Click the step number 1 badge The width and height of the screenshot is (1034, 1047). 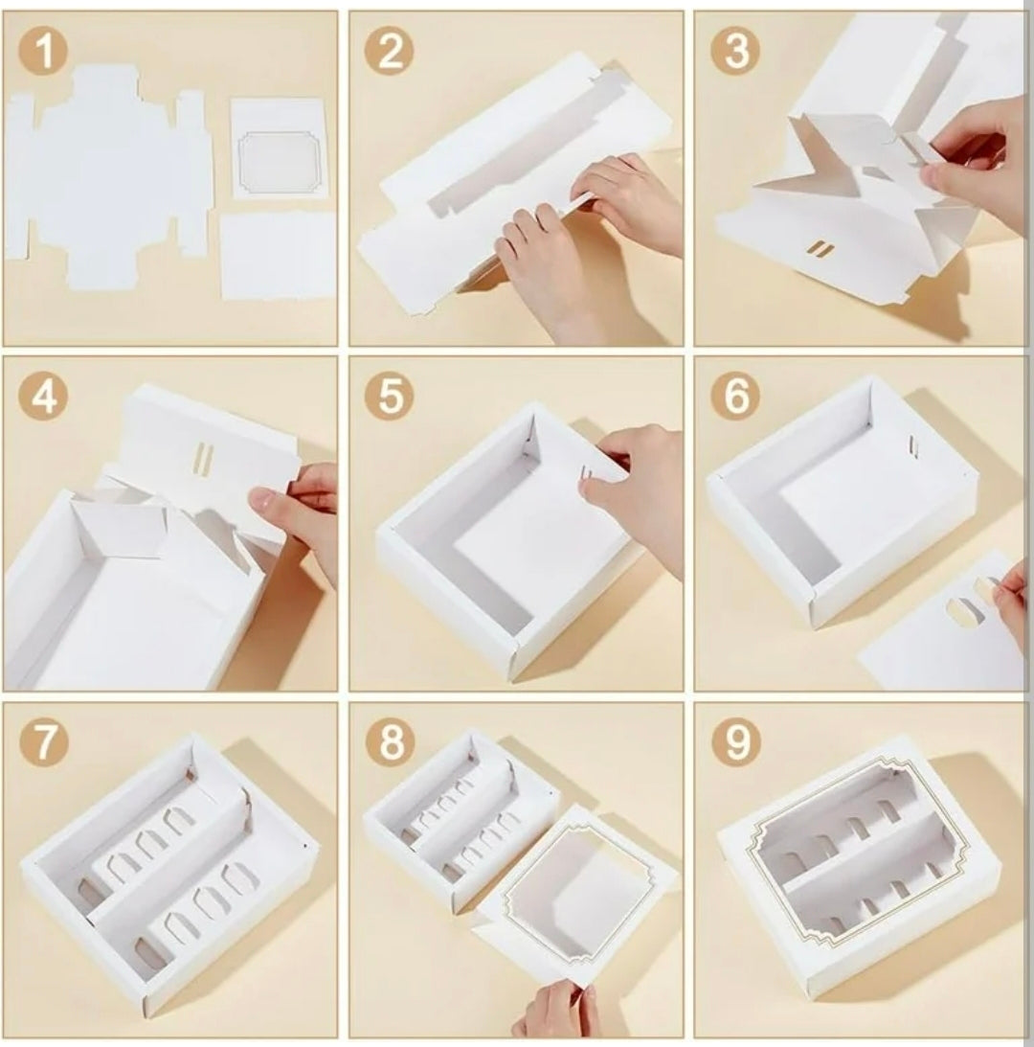pyautogui.click(x=44, y=52)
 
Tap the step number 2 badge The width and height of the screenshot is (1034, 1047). pyautogui.click(x=390, y=52)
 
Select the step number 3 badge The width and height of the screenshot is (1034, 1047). pyautogui.click(x=735, y=52)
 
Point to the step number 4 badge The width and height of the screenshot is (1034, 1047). pyautogui.click(x=44, y=397)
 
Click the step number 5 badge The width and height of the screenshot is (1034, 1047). pyautogui.click(x=390, y=397)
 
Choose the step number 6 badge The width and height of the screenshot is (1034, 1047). pyautogui.click(x=735, y=397)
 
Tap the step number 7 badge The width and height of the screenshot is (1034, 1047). pyautogui.click(x=44, y=742)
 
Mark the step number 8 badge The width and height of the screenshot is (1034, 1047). pyautogui.click(x=390, y=742)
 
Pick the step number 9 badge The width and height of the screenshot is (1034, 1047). pyautogui.click(x=735, y=742)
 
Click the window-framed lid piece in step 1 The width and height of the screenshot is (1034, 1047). pyautogui.click(x=279, y=148)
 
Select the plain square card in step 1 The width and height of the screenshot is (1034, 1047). pyautogui.click(x=278, y=256)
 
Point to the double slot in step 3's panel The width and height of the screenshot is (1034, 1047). pyautogui.click(x=820, y=249)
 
